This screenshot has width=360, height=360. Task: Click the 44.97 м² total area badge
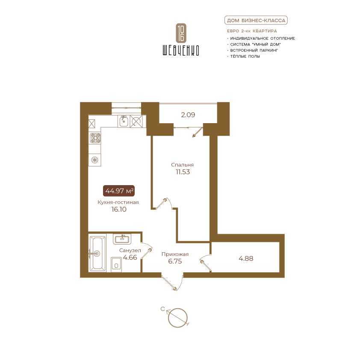pyautogui.click(x=119, y=191)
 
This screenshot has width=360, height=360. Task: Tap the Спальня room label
pyautogui.click(x=182, y=165)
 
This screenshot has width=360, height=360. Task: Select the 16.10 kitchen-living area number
pyautogui.click(x=119, y=209)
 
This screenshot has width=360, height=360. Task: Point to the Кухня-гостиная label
pyautogui.click(x=118, y=202)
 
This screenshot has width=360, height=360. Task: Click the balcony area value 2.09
pyautogui.click(x=188, y=115)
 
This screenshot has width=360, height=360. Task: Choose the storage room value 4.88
pyautogui.click(x=246, y=258)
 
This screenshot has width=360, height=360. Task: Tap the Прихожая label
pyautogui.click(x=175, y=254)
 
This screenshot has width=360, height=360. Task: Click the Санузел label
pyautogui.click(x=130, y=250)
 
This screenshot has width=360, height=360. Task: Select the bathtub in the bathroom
pyautogui.click(x=97, y=253)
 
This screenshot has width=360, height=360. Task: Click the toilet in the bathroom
pyautogui.click(x=116, y=265)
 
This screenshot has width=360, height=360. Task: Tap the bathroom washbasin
pyautogui.click(x=122, y=239)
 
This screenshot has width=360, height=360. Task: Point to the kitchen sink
pyautogui.click(x=123, y=121)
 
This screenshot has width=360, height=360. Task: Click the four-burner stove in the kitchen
pyautogui.click(x=95, y=138)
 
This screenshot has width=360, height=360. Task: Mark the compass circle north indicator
pyautogui.click(x=178, y=318)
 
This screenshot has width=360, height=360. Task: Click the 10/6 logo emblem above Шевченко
pyautogui.click(x=181, y=33)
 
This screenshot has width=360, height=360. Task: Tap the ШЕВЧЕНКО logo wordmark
pyautogui.click(x=181, y=50)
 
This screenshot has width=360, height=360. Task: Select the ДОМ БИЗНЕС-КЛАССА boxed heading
pyautogui.click(x=256, y=21)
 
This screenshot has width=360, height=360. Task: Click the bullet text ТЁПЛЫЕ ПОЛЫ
pyautogui.click(x=245, y=56)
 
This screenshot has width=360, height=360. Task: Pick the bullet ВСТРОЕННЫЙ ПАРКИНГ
pyautogui.click(x=254, y=50)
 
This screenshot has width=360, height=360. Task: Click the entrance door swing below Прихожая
pyautogui.click(x=173, y=282)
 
